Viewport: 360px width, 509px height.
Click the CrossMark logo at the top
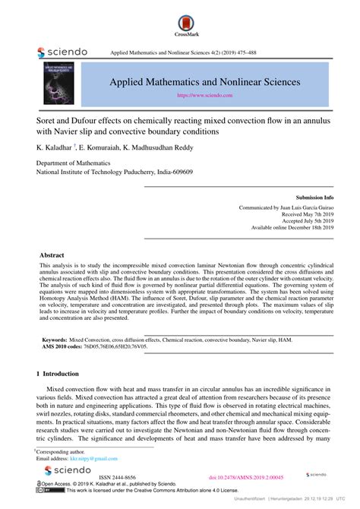click(x=179, y=24)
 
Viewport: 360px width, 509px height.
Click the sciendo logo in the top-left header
click(x=62, y=52)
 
